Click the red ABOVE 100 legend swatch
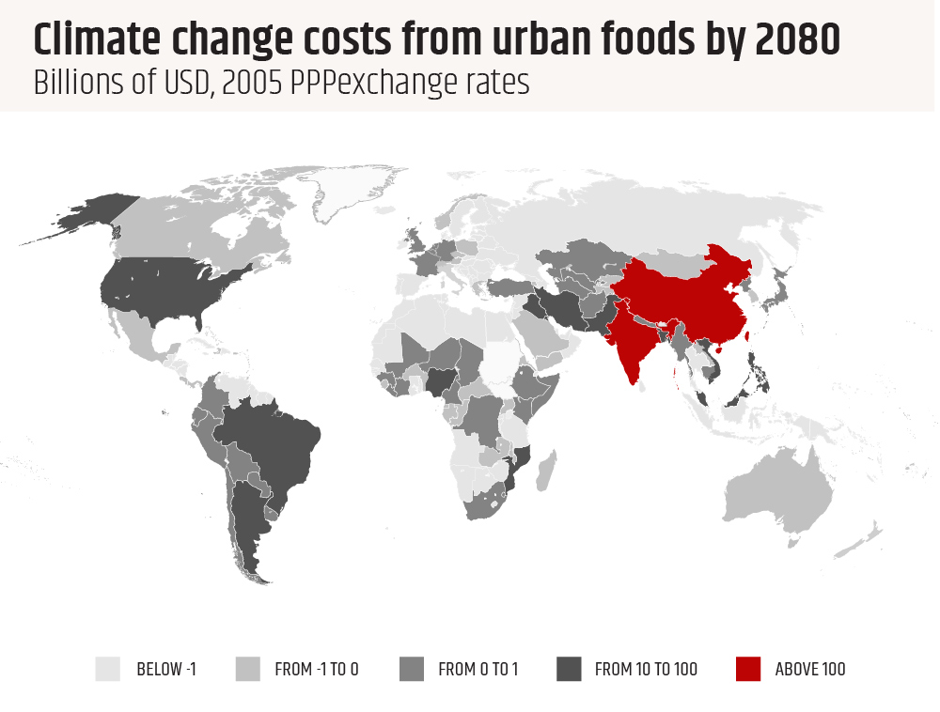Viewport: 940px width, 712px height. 747,669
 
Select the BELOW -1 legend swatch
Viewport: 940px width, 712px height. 108,669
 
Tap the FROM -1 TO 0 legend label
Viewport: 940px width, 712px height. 317,670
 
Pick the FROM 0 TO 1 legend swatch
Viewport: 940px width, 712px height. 412,669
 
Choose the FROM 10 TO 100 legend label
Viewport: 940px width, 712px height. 647,670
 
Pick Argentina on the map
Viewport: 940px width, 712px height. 246,526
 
